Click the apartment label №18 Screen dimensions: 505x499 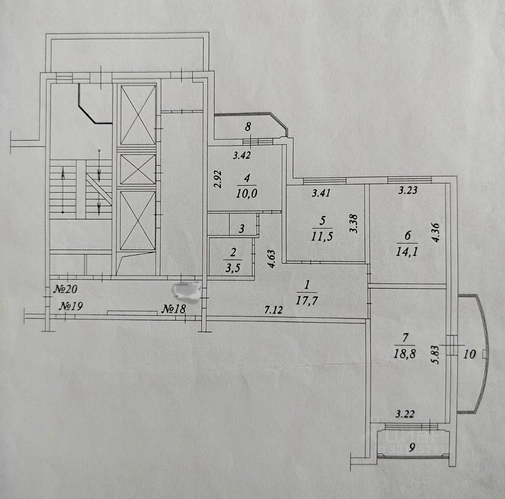click(x=174, y=309)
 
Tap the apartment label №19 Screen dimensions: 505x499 click(x=70, y=306)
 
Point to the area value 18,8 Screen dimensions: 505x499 click(x=404, y=353)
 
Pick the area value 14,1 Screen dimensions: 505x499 click(x=407, y=252)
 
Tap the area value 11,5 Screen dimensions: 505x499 click(x=322, y=236)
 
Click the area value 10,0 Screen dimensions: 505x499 click(x=247, y=194)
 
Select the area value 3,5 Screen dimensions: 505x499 click(x=234, y=268)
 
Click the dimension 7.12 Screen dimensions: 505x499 click(x=273, y=311)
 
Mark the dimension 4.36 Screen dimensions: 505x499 click(x=436, y=232)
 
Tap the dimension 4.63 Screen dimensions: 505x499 click(x=271, y=259)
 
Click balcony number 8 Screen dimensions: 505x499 click(x=248, y=125)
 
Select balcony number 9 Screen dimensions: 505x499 click(x=412, y=448)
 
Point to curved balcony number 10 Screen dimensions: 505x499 click(x=469, y=354)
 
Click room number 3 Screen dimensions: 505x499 click(x=242, y=229)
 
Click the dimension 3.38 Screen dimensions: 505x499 click(x=353, y=224)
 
